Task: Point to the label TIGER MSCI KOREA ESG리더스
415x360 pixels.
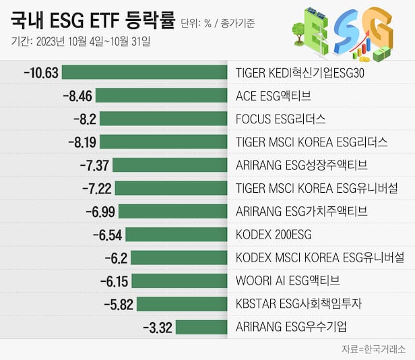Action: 311,142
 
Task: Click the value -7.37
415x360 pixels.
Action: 94,165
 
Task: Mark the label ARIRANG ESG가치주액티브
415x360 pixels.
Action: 301,211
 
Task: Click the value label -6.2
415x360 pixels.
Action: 115,258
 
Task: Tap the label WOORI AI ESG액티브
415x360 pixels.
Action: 288,280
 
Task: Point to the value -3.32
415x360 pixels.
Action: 158,327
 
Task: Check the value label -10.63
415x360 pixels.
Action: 41,72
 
